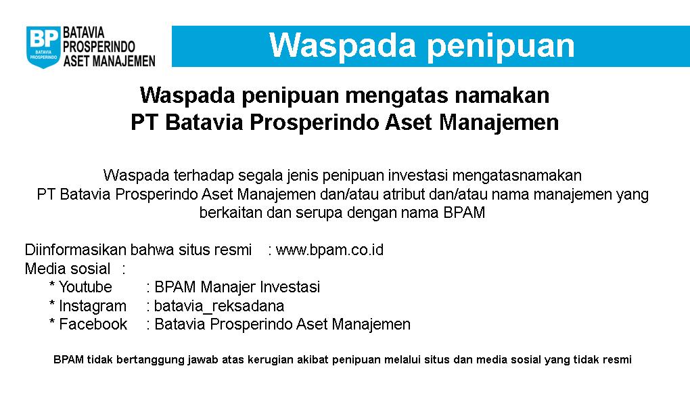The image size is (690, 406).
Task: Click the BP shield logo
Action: [x=42, y=46]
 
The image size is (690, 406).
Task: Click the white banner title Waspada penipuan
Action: [x=421, y=45]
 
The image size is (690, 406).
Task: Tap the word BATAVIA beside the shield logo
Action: [x=84, y=33]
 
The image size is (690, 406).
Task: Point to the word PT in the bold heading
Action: [x=144, y=123]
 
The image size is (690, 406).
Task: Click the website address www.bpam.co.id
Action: [x=329, y=250]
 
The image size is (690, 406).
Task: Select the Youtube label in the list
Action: [x=85, y=287]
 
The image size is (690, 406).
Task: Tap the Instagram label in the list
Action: [x=92, y=306]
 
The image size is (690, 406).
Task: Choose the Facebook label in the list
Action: [x=93, y=324]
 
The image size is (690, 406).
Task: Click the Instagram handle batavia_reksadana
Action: [x=219, y=306]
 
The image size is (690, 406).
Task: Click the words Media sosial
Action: [x=67, y=269]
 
